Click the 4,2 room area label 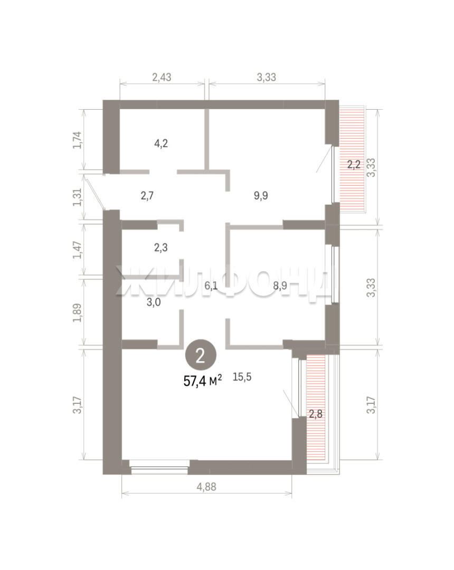[161, 144]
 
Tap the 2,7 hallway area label [147, 196]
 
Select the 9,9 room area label [261, 196]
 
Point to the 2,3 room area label [160, 248]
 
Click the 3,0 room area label [154, 302]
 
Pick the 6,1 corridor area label [211, 286]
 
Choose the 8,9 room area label [280, 286]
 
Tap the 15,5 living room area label [242, 377]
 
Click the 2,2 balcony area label [354, 165]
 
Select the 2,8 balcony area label [316, 414]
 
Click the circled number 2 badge [201, 356]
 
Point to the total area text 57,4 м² [203, 381]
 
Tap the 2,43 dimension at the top [162, 77]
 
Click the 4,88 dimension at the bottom [206, 487]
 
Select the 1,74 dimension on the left [78, 140]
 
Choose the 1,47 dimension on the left [78, 250]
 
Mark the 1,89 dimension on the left [78, 312]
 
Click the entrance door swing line [94, 192]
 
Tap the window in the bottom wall [159, 467]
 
